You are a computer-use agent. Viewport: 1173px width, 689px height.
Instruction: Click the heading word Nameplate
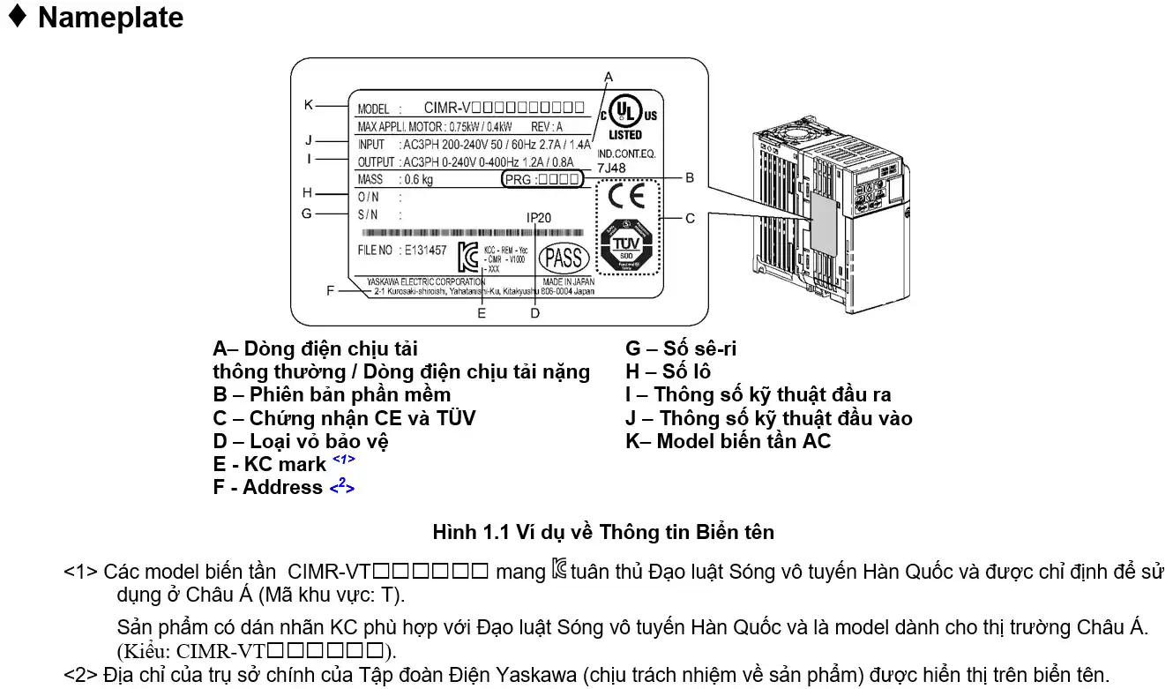click(110, 18)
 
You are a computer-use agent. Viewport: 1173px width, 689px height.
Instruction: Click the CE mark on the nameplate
click(626, 195)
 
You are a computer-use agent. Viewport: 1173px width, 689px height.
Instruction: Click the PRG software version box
click(541, 179)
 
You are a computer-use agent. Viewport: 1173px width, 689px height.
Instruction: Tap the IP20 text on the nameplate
click(540, 217)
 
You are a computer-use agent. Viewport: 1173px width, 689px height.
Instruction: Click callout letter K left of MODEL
click(308, 104)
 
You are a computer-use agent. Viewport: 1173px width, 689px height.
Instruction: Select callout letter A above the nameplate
click(609, 78)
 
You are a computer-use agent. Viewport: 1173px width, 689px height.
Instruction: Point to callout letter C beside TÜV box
click(691, 218)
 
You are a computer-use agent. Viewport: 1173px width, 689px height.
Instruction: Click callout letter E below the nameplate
click(482, 312)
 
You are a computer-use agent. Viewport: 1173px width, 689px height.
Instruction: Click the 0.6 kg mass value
click(419, 179)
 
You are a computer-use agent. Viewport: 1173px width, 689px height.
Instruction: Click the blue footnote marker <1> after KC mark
click(344, 460)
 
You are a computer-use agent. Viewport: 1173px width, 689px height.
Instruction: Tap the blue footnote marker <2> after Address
click(342, 484)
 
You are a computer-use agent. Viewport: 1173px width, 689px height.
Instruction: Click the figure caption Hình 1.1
click(603, 532)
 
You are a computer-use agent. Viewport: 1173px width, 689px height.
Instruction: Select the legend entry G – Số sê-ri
click(681, 348)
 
